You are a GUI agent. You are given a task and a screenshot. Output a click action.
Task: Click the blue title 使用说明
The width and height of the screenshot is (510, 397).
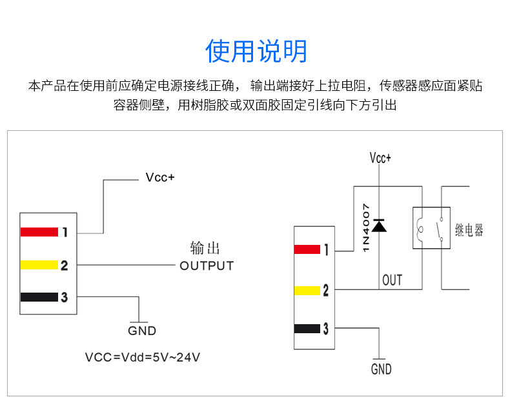tap(256, 51)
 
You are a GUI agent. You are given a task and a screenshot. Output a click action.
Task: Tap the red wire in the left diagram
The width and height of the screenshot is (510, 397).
tap(39, 232)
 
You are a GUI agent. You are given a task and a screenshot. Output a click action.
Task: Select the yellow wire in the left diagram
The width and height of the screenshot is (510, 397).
tap(39, 265)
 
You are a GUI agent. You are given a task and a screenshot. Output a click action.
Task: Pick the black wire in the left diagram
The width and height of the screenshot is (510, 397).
tap(39, 297)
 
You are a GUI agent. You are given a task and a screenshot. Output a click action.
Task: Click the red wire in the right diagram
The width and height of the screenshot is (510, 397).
tap(307, 249)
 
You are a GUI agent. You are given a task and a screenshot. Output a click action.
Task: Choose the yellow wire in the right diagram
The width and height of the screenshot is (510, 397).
tap(307, 290)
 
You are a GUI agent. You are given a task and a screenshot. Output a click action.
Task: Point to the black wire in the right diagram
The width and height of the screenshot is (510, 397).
tap(307, 329)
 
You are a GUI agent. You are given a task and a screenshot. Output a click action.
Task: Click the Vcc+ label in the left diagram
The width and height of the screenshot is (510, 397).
tap(160, 179)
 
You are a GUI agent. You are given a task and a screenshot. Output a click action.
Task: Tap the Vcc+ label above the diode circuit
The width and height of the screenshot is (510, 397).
tap(380, 158)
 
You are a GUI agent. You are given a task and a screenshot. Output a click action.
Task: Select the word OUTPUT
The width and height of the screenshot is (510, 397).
tap(207, 266)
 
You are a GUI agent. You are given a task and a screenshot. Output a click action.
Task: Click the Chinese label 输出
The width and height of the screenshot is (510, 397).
tap(205, 249)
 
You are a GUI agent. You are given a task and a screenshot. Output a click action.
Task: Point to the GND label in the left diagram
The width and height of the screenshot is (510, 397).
tap(142, 331)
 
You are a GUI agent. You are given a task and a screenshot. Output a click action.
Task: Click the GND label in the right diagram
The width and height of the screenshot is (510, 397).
tap(381, 369)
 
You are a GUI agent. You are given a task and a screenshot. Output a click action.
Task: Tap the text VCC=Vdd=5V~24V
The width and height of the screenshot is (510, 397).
tap(142, 356)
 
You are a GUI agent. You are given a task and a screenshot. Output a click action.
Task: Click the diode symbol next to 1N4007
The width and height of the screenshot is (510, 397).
tap(380, 225)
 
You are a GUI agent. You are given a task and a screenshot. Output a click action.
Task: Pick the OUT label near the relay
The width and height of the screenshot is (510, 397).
tap(392, 280)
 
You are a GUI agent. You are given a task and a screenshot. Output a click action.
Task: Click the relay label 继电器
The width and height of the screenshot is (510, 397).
tap(469, 230)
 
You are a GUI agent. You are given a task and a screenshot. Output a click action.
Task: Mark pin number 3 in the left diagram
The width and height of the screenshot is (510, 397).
tap(64, 297)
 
